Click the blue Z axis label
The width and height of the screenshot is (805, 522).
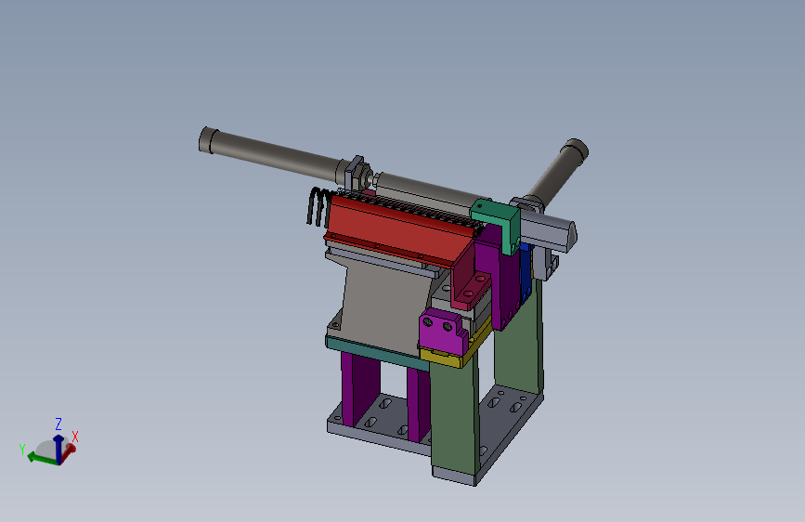[x=58, y=424]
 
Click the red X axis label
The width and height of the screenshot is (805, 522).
[x=75, y=437]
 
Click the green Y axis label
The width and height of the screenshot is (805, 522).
[x=22, y=450]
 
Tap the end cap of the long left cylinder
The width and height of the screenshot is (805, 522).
[x=206, y=139]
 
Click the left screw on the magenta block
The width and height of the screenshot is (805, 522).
[x=427, y=321]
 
